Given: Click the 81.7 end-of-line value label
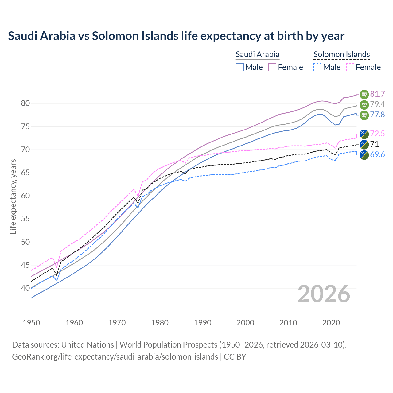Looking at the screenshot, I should click(x=377, y=94).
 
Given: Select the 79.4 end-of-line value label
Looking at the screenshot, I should click(x=377, y=104).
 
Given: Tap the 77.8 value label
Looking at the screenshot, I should click(x=377, y=115).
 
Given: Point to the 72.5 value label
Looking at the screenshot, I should click(x=377, y=134).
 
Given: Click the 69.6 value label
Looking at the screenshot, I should click(x=377, y=154).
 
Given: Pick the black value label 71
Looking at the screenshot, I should click(x=374, y=144).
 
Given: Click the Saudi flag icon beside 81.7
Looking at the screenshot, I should click(x=364, y=94).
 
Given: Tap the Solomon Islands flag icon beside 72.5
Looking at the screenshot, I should click(x=364, y=134).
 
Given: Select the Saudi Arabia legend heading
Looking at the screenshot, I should click(x=257, y=54).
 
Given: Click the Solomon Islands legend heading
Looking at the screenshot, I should click(x=341, y=54).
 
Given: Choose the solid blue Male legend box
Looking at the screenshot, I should click(x=240, y=67).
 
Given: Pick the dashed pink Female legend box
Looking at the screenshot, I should click(x=350, y=67).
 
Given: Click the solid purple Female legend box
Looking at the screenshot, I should click(x=272, y=67).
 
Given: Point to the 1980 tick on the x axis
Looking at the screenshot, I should click(x=160, y=323).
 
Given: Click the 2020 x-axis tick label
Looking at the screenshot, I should click(x=331, y=323).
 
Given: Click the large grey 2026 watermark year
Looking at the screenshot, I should click(x=324, y=294).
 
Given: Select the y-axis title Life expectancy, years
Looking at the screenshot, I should click(x=13, y=196).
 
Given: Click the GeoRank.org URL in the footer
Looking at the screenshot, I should click(x=115, y=357).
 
